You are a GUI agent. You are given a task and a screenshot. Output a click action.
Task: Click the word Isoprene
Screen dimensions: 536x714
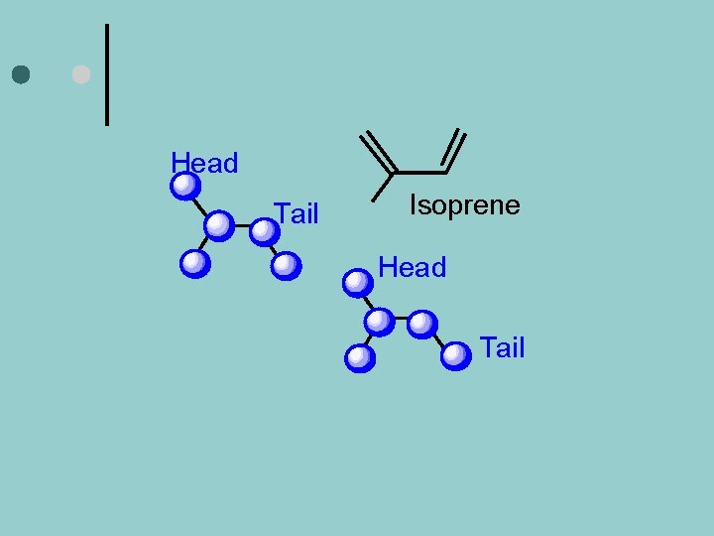pyautogui.click(x=464, y=205)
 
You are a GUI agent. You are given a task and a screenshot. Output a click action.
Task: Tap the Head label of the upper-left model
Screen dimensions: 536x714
pyautogui.click(x=204, y=164)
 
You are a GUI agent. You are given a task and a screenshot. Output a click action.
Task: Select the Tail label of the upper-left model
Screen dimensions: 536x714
pyautogui.click(x=297, y=213)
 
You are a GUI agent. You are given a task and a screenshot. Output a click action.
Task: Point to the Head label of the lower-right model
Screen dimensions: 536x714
pyautogui.click(x=413, y=267)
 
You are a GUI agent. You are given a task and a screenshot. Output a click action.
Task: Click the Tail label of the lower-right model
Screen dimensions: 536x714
pyautogui.click(x=502, y=348)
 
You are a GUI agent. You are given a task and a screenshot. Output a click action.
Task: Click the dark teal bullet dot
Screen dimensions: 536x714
pyautogui.click(x=21, y=74)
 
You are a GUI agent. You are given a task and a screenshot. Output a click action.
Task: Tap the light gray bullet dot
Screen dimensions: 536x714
pyautogui.click(x=81, y=74)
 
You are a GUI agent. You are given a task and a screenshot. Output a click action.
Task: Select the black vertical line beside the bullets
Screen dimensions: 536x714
pyautogui.click(x=107, y=74)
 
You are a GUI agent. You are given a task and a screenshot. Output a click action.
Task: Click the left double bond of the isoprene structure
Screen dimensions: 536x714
pyautogui.click(x=378, y=151)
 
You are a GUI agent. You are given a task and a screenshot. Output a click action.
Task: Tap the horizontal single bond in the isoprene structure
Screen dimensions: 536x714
pyautogui.click(x=420, y=173)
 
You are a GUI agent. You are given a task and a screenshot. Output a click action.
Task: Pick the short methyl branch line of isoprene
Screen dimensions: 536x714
pyautogui.click(x=382, y=187)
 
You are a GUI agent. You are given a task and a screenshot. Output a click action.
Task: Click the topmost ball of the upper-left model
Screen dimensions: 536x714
pyautogui.click(x=185, y=187)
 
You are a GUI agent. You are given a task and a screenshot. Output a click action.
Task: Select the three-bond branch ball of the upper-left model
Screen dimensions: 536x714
pyautogui.click(x=219, y=226)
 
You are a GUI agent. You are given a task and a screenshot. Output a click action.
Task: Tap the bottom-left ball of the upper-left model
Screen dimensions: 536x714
pyautogui.click(x=195, y=263)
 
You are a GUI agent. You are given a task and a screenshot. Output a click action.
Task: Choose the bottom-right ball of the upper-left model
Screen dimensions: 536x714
pyautogui.click(x=286, y=265)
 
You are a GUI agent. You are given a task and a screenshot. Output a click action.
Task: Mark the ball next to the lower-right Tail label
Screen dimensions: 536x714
pyautogui.click(x=455, y=355)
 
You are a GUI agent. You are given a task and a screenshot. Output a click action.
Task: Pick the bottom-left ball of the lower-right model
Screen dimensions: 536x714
pyautogui.click(x=360, y=357)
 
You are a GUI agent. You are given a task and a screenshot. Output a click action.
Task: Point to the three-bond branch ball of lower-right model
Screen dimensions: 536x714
pyautogui.click(x=379, y=322)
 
